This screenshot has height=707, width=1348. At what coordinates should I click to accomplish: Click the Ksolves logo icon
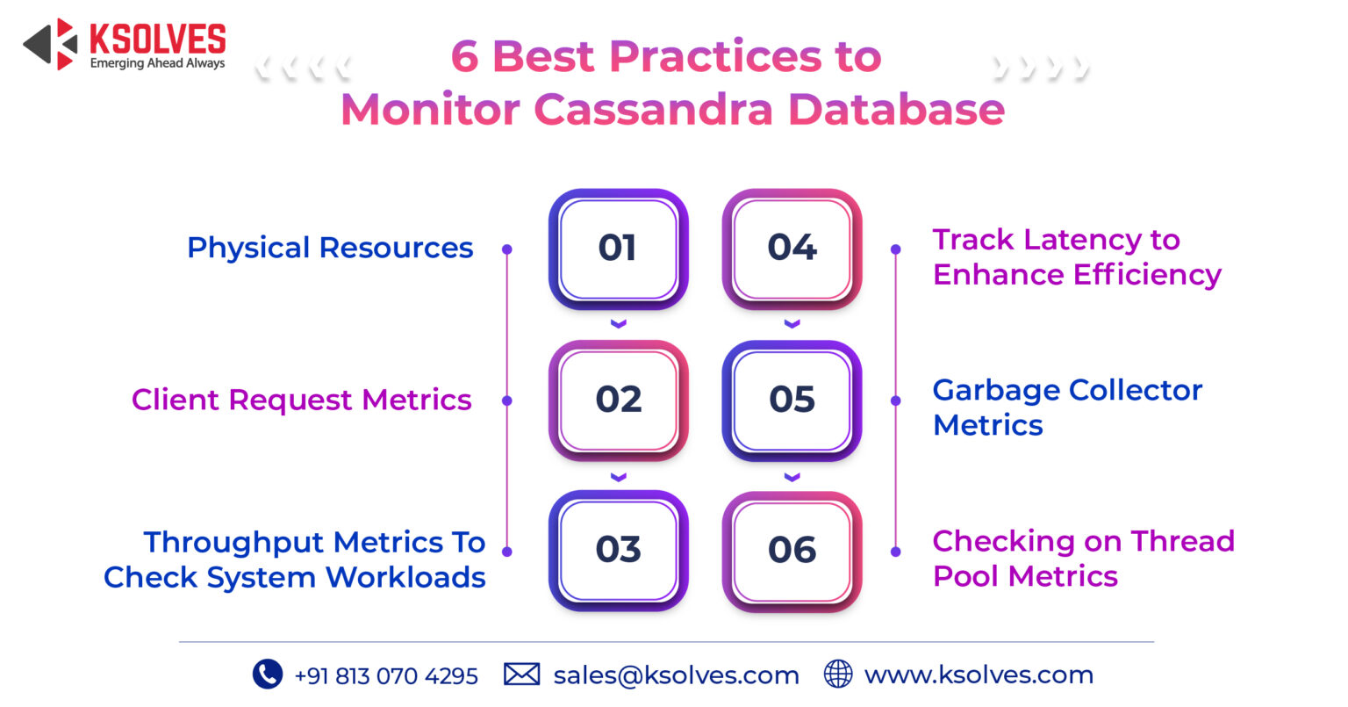[x=51, y=45]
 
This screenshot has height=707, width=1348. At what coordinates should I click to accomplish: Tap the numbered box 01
[x=618, y=249]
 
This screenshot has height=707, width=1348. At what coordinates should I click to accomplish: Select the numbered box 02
[x=618, y=400]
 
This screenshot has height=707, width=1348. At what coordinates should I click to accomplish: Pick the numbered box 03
[x=618, y=551]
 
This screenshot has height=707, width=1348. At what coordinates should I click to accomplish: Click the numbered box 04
[x=792, y=249]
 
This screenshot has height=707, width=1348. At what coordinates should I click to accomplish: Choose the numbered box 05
[x=792, y=400]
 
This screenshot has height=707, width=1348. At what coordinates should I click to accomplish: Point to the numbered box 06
[x=792, y=551]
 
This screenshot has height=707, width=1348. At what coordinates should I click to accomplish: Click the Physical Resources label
[x=330, y=249]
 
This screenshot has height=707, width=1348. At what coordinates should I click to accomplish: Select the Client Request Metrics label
[x=301, y=400]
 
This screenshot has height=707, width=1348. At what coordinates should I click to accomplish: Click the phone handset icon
[x=267, y=674]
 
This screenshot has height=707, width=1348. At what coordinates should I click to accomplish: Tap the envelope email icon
[x=521, y=675]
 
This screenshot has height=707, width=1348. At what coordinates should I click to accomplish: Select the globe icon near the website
[x=838, y=674]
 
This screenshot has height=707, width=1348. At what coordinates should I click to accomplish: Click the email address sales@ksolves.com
[x=676, y=675]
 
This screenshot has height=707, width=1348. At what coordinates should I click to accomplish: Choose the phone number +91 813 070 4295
[x=386, y=676]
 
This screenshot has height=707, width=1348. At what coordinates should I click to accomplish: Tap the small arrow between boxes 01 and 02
[x=618, y=324]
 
